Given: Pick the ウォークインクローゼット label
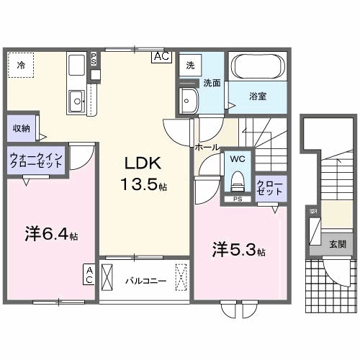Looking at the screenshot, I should click(36, 160).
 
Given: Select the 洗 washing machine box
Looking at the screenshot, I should click(190, 65).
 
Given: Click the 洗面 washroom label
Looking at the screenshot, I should click(211, 82).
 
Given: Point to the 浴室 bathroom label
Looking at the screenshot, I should click(258, 96).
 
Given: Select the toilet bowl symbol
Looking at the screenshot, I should click(237, 179).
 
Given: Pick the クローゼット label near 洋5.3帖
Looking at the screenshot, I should click(270, 189).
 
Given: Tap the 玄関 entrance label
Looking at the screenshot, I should click(337, 244).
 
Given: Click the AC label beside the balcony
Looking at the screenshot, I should click(89, 274).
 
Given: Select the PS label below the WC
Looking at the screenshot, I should click(237, 199).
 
